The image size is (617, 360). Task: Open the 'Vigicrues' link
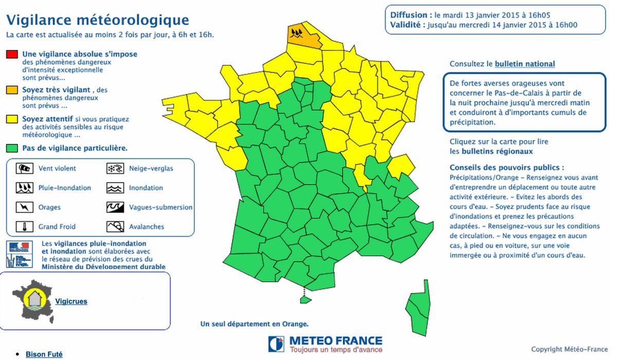[71, 301]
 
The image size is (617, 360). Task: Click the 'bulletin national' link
[524, 64]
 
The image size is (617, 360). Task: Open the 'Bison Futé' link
[44, 354]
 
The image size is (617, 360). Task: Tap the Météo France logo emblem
[276, 344]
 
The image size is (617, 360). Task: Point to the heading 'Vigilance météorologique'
[97, 20]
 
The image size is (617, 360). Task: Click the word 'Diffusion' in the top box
[408, 15]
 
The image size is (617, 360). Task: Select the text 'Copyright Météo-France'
[568, 350]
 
